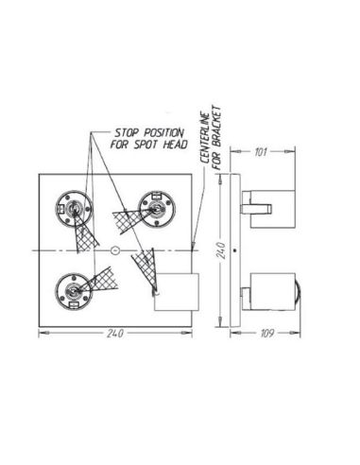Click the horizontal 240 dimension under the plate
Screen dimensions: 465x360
(114, 332)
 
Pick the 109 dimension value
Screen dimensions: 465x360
(268, 333)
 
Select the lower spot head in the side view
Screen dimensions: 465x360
(270, 293)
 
